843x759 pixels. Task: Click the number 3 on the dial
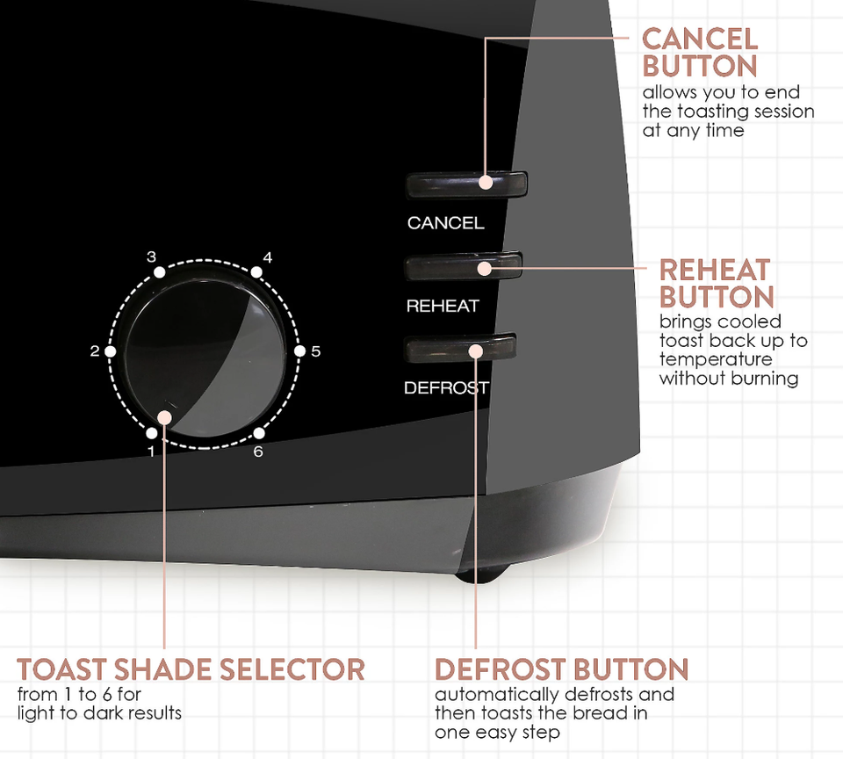tap(152, 257)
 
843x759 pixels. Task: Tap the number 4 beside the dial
tap(267, 257)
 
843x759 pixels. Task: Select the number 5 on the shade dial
tap(315, 351)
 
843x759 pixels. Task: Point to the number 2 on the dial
tap(95, 351)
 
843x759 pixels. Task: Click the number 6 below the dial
tap(258, 452)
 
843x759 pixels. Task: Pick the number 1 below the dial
tap(152, 452)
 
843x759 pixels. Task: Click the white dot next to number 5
tap(300, 351)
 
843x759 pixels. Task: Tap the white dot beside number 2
tap(111, 351)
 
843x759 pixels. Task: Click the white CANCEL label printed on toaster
tap(446, 223)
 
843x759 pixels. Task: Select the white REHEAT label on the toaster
tap(443, 306)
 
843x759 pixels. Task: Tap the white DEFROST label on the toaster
tap(447, 387)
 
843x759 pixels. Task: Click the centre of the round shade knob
tap(205, 358)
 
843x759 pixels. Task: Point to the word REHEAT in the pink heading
tap(715, 270)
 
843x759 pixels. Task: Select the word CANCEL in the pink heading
tap(700, 40)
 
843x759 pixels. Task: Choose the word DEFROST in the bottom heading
tap(501, 669)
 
